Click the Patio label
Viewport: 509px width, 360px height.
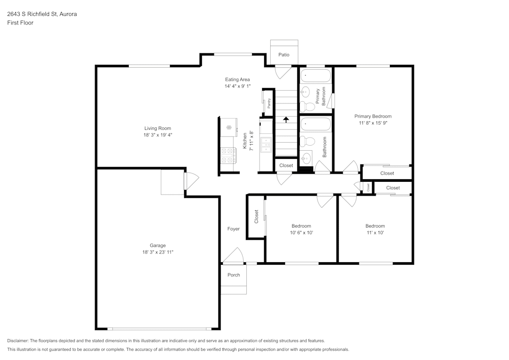(x=284, y=54)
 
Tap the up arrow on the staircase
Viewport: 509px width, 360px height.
(x=286, y=120)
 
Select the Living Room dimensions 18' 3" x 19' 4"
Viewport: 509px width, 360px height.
(x=157, y=135)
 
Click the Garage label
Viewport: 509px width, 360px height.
(x=157, y=245)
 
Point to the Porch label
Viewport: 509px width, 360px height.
(x=234, y=275)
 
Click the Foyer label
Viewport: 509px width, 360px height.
(x=233, y=229)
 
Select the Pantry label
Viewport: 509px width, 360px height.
(x=269, y=103)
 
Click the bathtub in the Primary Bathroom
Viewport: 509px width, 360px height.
(x=316, y=76)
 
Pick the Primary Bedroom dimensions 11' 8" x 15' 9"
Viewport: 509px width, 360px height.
(x=373, y=123)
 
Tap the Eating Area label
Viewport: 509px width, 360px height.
(x=237, y=79)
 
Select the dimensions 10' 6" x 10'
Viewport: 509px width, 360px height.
(x=301, y=233)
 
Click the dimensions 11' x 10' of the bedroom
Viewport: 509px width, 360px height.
(x=375, y=233)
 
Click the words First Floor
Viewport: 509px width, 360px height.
(x=20, y=23)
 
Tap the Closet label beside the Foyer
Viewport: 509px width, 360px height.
(x=257, y=217)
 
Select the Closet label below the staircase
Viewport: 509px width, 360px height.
(x=286, y=165)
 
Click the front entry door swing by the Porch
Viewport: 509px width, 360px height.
(x=233, y=255)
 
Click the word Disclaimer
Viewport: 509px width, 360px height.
(x=18, y=341)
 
